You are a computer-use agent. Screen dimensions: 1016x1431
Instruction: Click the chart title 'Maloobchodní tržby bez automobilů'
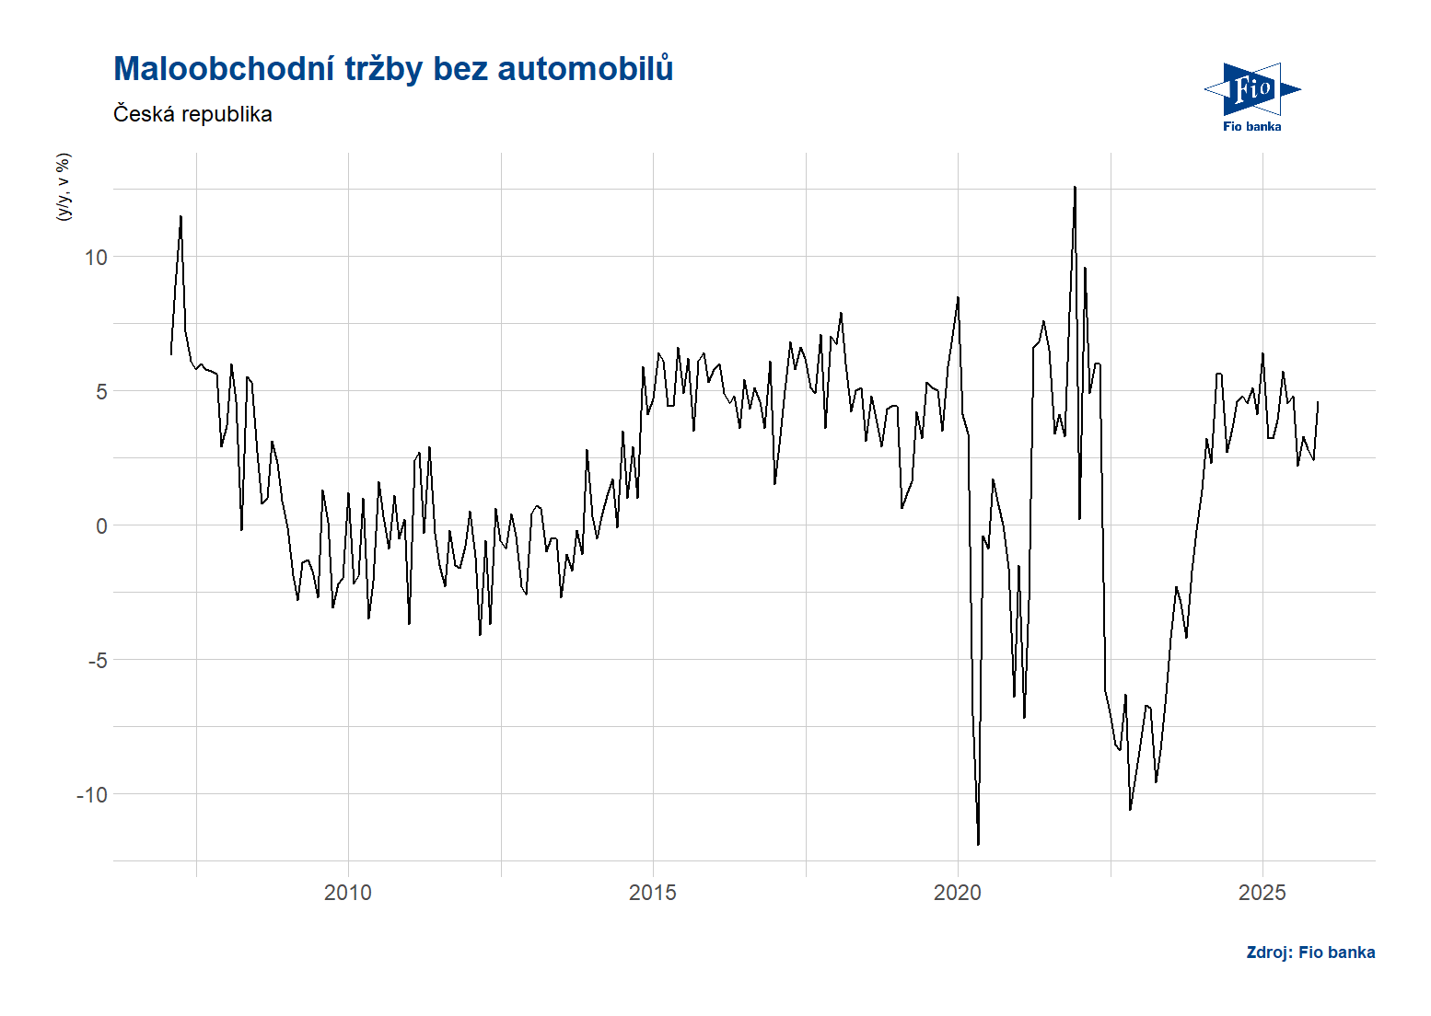(x=393, y=69)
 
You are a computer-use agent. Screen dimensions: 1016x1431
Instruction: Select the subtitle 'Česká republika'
(x=192, y=114)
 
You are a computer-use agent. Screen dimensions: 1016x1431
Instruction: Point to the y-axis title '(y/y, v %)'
(x=63, y=187)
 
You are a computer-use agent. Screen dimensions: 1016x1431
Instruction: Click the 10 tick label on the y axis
(x=96, y=258)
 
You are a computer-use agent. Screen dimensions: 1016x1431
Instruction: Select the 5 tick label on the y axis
(x=101, y=392)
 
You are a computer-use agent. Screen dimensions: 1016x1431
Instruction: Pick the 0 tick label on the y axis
(x=101, y=526)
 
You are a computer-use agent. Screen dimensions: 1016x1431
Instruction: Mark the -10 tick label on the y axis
(x=92, y=795)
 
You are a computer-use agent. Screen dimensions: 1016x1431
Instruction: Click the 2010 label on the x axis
(x=348, y=893)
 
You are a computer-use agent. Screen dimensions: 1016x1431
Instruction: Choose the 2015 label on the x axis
(x=653, y=893)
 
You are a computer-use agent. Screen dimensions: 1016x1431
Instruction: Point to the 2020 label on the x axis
(x=958, y=893)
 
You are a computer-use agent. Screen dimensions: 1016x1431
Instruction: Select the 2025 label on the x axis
(x=1262, y=893)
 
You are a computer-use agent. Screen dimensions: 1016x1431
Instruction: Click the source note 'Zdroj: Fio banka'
(x=1310, y=952)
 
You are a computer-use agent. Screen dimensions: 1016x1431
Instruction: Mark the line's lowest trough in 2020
(x=978, y=844)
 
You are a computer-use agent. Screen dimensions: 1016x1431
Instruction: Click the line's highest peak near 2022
(x=1075, y=188)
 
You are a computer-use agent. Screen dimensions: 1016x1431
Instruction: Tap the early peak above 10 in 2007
(x=180, y=217)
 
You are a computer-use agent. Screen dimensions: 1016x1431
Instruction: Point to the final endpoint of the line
(x=1318, y=402)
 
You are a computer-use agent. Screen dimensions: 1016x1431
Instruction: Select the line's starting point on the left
(x=171, y=353)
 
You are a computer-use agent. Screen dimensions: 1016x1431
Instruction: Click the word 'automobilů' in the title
(x=586, y=69)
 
